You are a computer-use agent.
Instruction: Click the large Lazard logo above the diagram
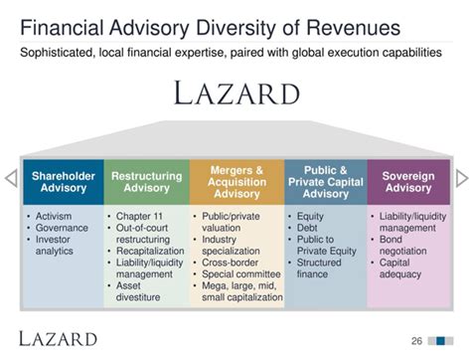point(236,93)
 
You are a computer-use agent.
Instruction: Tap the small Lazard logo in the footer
point(58,339)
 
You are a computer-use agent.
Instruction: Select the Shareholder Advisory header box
point(64,182)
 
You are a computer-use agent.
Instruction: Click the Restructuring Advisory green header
point(147,182)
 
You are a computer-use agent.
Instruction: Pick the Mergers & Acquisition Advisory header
point(236,182)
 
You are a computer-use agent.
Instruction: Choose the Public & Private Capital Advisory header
point(326,182)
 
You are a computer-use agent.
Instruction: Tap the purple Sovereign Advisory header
point(408,182)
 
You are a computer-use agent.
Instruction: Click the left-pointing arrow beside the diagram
point(11,178)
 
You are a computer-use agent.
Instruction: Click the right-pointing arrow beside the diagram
point(462,178)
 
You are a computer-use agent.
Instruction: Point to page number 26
point(416,341)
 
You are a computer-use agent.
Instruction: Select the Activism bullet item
point(54,216)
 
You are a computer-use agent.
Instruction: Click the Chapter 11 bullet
point(139,216)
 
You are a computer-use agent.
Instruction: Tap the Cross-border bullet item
point(230,263)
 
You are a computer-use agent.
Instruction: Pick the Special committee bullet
point(241,274)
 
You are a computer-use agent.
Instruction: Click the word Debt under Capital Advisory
point(307,228)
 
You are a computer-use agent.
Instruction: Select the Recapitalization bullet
point(150,251)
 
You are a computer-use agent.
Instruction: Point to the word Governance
point(62,228)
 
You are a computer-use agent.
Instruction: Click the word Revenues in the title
point(353,28)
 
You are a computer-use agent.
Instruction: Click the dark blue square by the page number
point(440,341)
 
